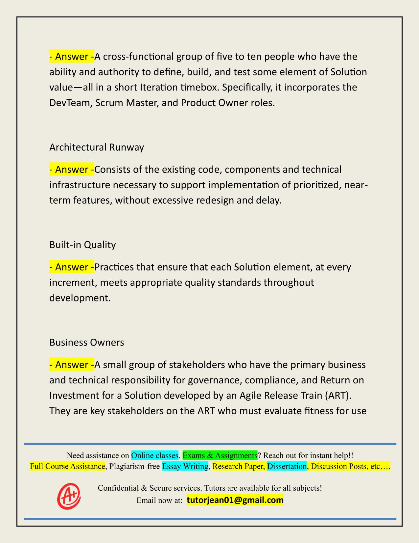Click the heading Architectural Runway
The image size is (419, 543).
[x=96, y=147]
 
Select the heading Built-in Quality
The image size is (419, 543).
[x=82, y=245]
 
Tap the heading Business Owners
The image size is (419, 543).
[x=86, y=342]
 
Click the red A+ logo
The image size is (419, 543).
[x=69, y=496]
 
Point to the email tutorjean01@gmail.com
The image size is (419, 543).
[x=235, y=500]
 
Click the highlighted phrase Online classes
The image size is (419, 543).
[x=154, y=455]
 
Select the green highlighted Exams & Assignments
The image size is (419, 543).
[x=220, y=455]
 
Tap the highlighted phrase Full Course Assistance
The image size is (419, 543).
[x=67, y=466]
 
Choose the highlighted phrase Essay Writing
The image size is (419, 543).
[x=185, y=466]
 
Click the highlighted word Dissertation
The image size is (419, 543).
[x=287, y=466]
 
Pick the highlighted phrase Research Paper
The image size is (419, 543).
[x=238, y=466]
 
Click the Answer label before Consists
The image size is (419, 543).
[x=72, y=169]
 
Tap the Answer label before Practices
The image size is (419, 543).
[x=72, y=267]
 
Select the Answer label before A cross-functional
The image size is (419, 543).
[x=72, y=57]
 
